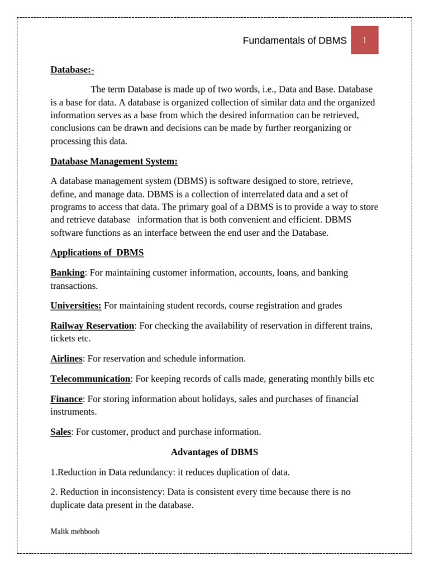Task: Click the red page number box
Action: tap(364, 40)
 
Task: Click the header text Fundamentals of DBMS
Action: tap(294, 41)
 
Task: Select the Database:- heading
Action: tap(72, 70)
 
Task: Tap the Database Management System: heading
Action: tap(114, 162)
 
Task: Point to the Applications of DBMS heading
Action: tap(97, 253)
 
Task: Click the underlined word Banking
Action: tap(68, 273)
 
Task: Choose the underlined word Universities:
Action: tap(76, 306)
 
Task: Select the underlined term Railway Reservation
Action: tap(92, 326)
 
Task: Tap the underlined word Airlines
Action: tap(66, 359)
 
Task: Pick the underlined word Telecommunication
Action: tap(90, 379)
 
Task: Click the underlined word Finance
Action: tap(66, 399)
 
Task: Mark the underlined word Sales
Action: tap(61, 432)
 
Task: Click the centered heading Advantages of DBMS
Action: tap(214, 452)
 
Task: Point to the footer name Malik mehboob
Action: tap(75, 532)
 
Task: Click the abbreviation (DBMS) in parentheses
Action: tap(190, 181)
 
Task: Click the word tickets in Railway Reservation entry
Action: tap(63, 338)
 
